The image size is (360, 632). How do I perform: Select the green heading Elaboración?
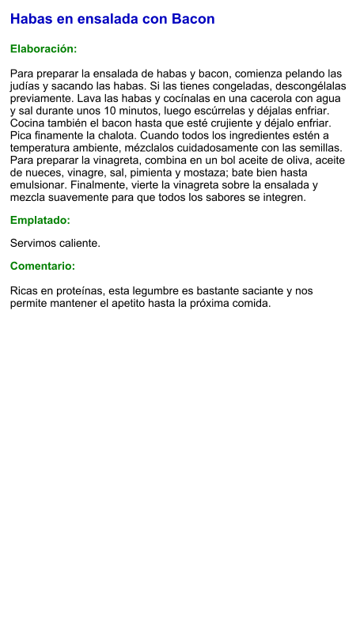[44, 49]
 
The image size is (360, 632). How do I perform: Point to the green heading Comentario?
[43, 267]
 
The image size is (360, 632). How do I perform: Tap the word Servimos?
[34, 244]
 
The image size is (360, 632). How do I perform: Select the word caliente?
[81, 244]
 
